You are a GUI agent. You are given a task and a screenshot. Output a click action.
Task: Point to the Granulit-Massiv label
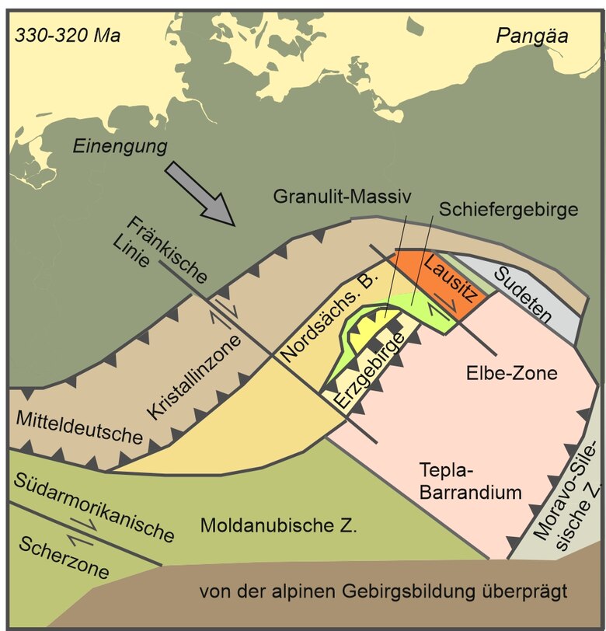click(341, 197)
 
